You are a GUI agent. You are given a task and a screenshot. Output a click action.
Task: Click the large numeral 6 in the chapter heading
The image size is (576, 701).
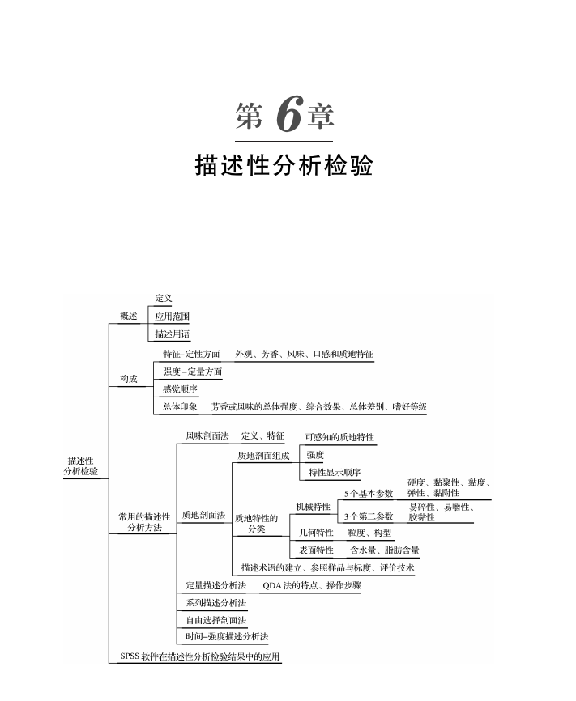(288, 117)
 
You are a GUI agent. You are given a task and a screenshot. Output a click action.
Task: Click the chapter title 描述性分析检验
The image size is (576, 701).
(284, 166)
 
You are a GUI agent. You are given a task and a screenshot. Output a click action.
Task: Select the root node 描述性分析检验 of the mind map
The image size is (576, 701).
(82, 465)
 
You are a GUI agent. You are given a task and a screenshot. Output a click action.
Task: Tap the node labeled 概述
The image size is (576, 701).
(128, 316)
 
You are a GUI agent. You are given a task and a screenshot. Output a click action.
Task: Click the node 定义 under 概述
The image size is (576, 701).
(164, 300)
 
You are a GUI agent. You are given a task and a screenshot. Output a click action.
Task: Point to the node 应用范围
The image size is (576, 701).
(173, 317)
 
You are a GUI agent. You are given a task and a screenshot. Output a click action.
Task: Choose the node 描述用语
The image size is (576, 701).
(173, 334)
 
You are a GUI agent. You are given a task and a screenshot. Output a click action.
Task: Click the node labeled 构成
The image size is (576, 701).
(128, 379)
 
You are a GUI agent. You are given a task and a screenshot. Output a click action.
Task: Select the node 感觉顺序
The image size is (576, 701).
(180, 389)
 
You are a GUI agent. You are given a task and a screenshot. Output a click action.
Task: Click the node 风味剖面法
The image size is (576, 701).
(207, 436)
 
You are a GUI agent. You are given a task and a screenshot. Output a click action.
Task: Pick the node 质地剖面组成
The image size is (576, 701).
(263, 456)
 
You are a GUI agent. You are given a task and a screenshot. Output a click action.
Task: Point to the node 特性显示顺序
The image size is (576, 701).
(334, 472)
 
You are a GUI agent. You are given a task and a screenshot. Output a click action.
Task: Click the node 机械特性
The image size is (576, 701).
(313, 507)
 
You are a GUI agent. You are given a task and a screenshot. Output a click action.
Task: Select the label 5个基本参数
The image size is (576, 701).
(369, 493)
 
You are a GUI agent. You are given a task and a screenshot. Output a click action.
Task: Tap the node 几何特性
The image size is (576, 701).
(316, 533)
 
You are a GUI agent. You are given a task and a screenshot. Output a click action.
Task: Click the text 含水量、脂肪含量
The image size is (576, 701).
(385, 550)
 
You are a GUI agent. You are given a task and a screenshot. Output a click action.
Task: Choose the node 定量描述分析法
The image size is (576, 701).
(215, 584)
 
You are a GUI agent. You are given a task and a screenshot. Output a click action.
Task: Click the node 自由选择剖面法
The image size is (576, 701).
(215, 620)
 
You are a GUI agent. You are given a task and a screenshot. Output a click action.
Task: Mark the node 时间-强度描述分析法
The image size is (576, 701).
(227, 637)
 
